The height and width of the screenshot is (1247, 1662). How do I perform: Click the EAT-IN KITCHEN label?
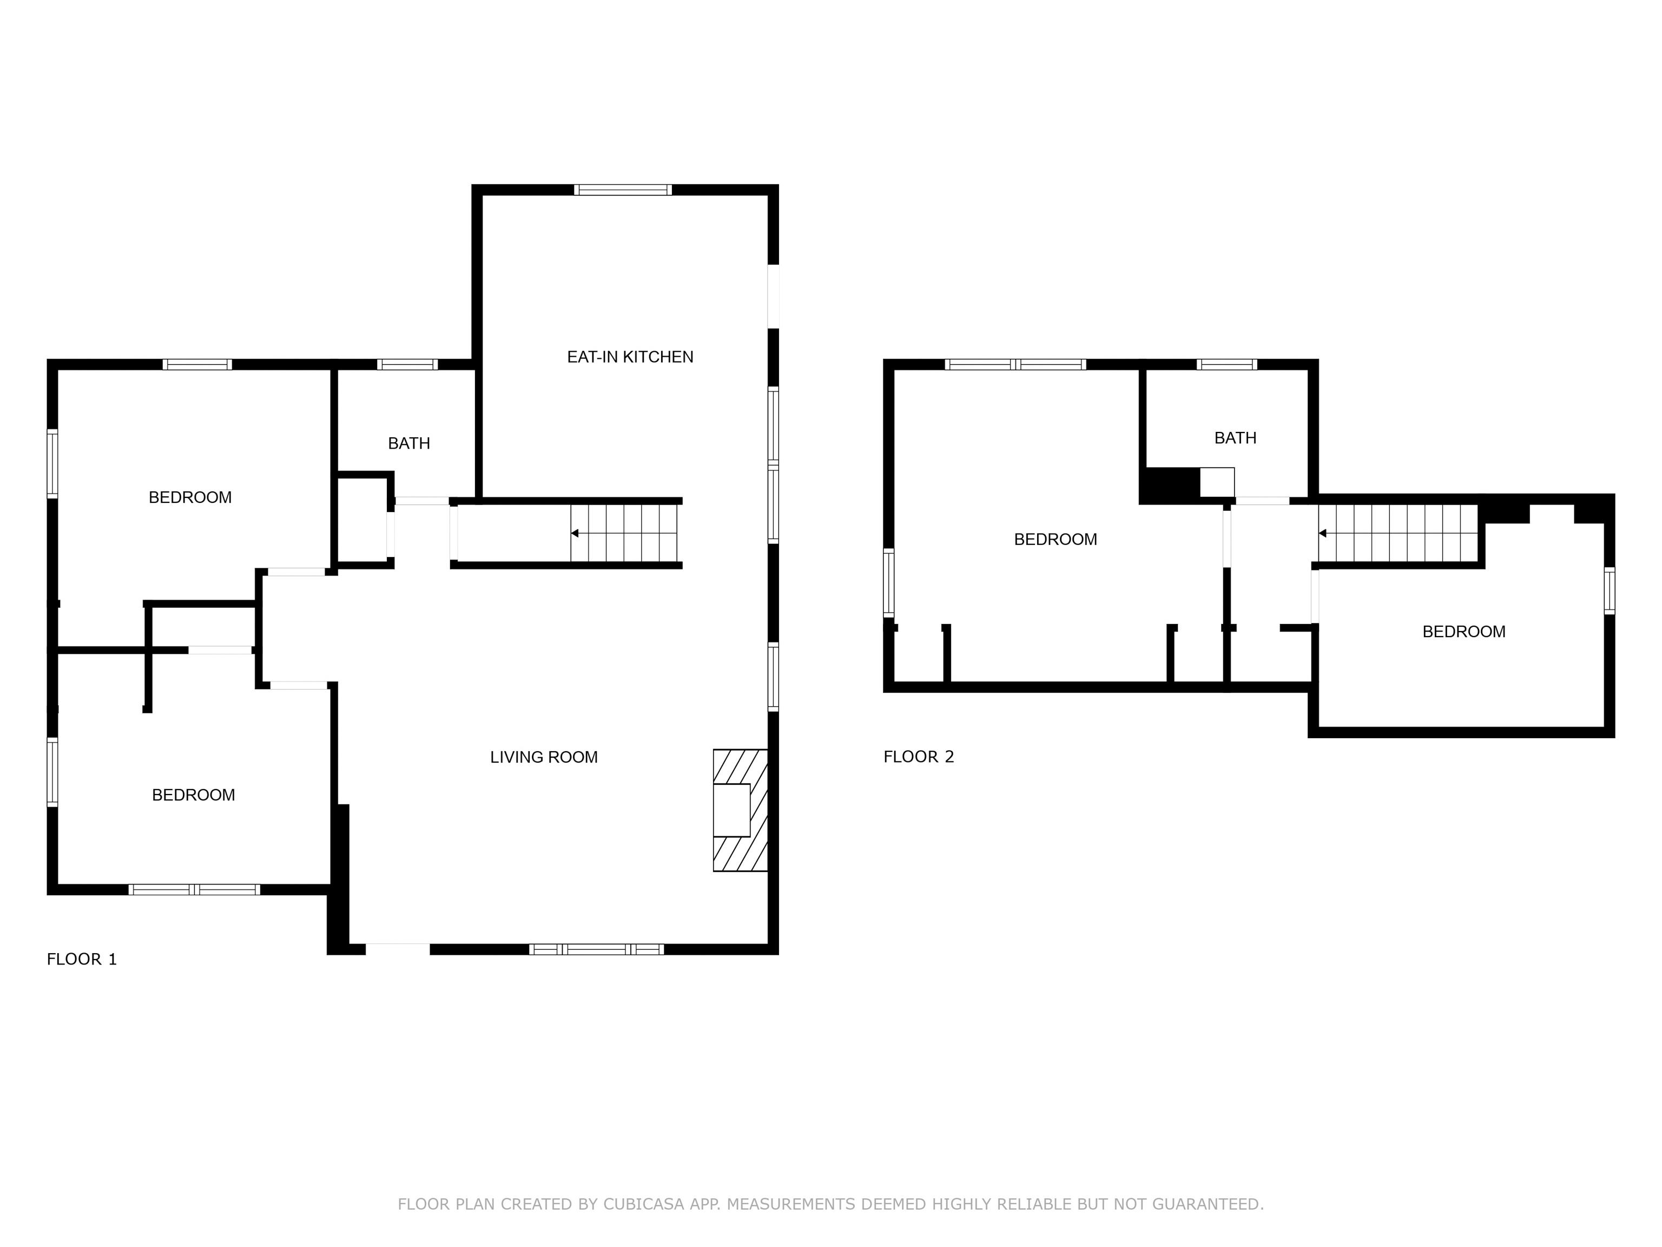coord(630,357)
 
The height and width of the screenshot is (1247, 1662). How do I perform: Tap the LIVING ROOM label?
coord(543,757)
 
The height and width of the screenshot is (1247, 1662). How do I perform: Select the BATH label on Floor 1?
coord(409,443)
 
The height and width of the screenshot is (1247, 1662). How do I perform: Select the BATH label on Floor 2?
coord(1235,437)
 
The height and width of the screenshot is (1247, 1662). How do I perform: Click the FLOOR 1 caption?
coord(82,959)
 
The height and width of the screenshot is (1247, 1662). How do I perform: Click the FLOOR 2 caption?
coord(918,757)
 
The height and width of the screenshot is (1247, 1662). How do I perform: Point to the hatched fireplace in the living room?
coord(740,810)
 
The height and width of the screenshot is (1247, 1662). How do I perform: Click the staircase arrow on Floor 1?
coord(575,533)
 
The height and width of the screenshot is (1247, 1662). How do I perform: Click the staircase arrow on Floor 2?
coord(1322,534)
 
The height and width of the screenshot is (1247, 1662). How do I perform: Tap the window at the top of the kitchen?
coord(623,190)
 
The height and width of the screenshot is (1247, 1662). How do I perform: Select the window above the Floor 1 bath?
coord(407,365)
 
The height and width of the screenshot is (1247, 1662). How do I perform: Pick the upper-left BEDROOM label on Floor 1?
coord(190,497)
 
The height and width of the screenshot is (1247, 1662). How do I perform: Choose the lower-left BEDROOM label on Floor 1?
coord(193,795)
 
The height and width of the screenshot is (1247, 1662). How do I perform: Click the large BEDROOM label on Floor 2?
coord(1055,539)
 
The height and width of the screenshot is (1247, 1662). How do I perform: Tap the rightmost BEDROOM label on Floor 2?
coord(1463,632)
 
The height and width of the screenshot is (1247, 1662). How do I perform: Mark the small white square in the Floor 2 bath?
coord(1216,482)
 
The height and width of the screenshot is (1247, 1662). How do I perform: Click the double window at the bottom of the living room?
coord(597,949)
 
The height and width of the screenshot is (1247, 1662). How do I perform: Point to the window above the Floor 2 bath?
coord(1226,365)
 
